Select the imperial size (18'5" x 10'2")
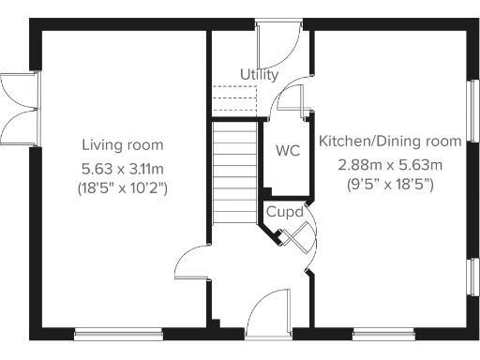[122, 187]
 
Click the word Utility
[259, 74]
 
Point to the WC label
[287, 150]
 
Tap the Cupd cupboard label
[284, 212]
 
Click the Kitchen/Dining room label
[390, 142]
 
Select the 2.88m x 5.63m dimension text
[390, 164]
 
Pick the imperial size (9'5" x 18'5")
[390, 185]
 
